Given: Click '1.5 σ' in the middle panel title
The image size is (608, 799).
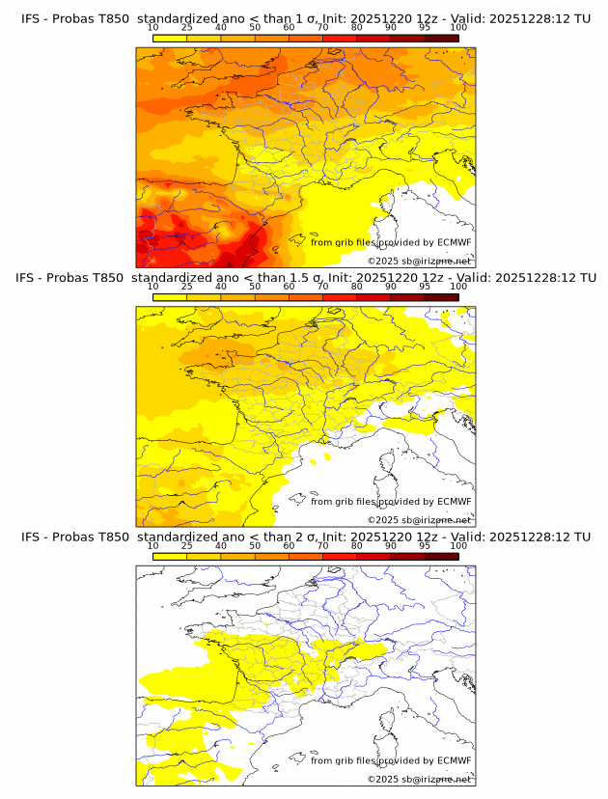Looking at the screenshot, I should click(301, 277).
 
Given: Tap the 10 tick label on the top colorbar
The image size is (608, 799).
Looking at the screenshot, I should click(152, 28).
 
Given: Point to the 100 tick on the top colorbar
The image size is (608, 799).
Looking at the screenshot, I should click(458, 28).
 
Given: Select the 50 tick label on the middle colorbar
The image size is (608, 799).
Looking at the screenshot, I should click(255, 287).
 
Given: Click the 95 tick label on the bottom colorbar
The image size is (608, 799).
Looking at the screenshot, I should click(425, 546).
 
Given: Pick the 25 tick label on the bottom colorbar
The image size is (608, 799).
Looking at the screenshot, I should click(186, 546).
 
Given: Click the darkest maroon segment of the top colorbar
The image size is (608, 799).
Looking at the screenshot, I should click(441, 39).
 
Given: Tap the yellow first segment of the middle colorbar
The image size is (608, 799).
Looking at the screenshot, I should click(169, 297).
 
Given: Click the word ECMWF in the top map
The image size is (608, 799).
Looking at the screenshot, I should click(454, 242).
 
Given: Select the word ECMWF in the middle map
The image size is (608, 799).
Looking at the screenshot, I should click(454, 501).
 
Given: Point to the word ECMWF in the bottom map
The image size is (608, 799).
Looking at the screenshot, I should click(454, 760).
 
